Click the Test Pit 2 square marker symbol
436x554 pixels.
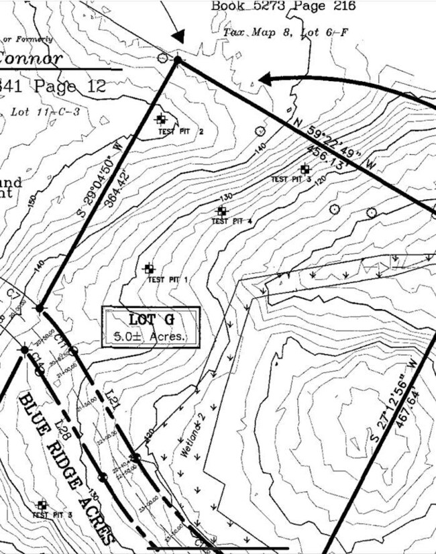(161, 119)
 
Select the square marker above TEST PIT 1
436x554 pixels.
(149, 268)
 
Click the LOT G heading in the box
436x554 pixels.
(151, 320)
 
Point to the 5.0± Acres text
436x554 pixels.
(150, 336)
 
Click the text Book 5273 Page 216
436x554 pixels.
(283, 6)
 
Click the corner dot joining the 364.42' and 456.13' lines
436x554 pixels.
(178, 60)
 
